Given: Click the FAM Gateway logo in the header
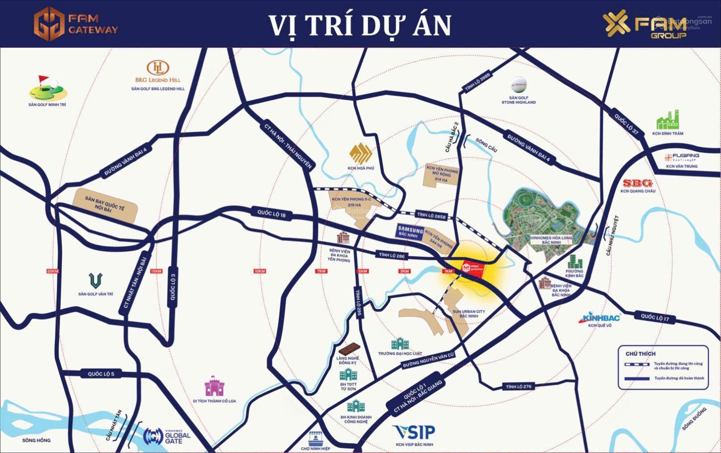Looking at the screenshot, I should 76,24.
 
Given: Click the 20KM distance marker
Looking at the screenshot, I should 53,271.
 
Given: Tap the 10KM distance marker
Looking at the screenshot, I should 260,271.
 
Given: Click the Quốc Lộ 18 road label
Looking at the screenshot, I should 271,214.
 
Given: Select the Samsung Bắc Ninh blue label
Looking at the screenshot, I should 410,232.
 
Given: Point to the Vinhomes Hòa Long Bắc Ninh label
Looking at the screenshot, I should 551,240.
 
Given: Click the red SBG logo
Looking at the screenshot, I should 637,183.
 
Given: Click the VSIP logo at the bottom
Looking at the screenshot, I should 414,432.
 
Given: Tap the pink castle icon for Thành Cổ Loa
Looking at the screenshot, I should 214,386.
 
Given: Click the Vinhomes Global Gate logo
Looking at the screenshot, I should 166,436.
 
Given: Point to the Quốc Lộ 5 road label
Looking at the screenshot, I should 101,374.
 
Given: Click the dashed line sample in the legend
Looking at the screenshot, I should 636,364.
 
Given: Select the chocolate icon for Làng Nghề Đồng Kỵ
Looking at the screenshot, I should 349,349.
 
